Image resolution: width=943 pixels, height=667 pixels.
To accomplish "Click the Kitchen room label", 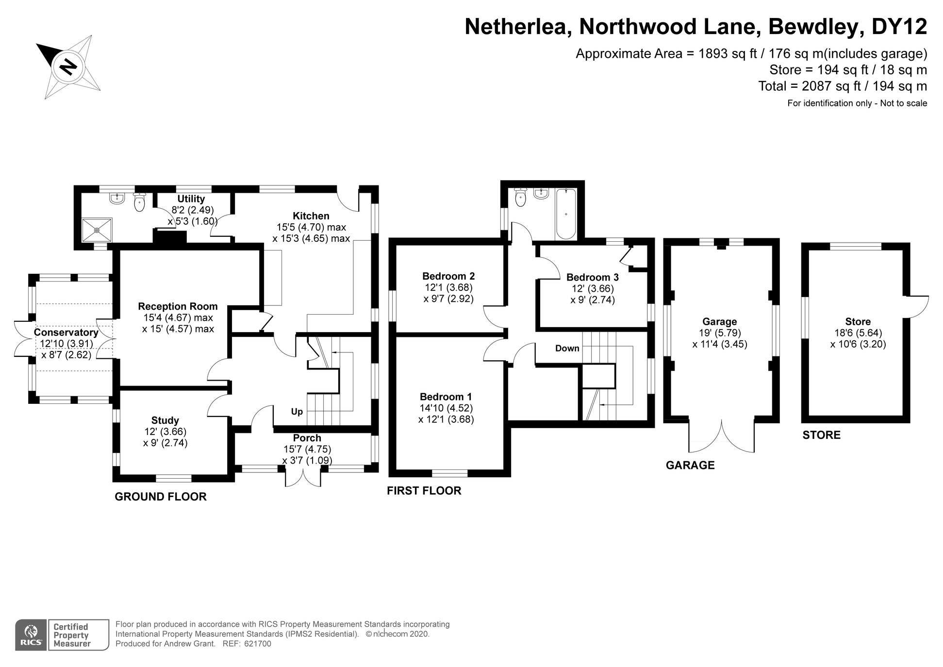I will point(311,216).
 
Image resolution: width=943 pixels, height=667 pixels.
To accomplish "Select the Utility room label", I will point(191,199).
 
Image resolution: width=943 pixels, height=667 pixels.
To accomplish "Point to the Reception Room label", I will point(178,306).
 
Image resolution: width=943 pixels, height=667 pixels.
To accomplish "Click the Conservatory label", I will point(66,333).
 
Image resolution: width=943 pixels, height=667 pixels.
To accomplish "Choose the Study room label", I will point(165,420).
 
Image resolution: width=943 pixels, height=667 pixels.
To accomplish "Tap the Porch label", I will point(307,438).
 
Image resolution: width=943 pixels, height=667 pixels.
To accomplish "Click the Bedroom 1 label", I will point(446,397).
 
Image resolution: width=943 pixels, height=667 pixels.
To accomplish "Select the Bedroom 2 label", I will point(448,276).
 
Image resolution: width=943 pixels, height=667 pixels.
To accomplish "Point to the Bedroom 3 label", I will point(592,278).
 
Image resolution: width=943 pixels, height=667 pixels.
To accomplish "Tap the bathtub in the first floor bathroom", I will point(566,214).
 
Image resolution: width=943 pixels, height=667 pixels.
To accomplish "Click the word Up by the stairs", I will point(297,412).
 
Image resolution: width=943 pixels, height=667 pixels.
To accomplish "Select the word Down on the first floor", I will point(567,348).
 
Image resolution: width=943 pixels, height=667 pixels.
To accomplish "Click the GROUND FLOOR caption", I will point(160,497).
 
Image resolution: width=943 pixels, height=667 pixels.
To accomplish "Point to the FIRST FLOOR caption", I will point(424,491).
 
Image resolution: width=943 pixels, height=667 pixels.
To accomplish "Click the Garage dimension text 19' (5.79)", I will point(719,333).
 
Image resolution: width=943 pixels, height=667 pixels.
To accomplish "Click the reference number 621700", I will point(257,644).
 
